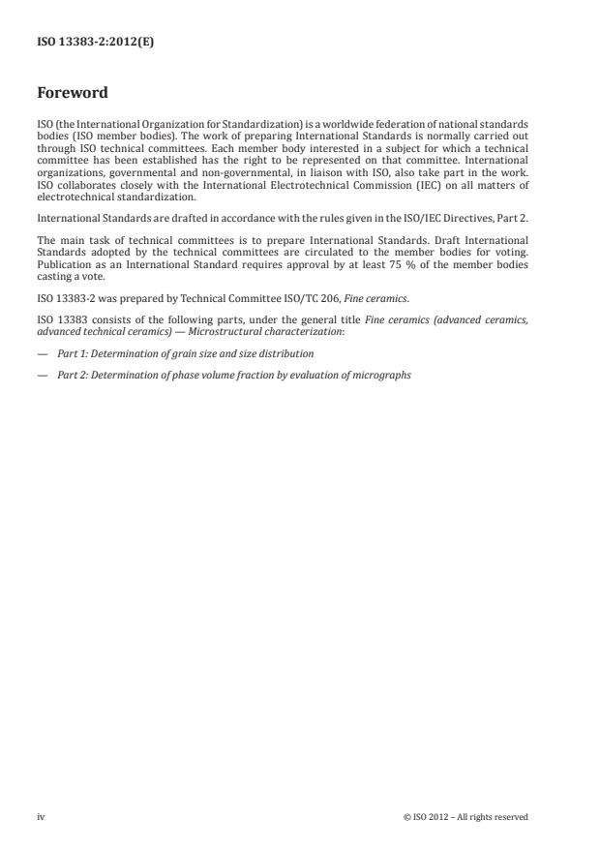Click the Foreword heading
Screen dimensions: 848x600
click(72, 93)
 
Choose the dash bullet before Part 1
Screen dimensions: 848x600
click(43, 327)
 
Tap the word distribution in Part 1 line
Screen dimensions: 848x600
click(289, 327)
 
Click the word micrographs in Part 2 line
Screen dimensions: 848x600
click(385, 348)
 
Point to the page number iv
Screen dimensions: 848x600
click(41, 817)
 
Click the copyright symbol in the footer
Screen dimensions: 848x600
click(406, 817)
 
